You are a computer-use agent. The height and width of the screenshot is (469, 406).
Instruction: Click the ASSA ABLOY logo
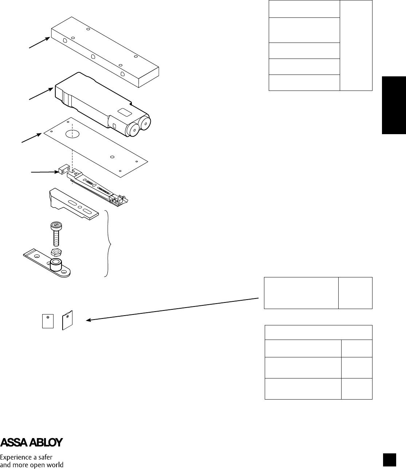(x=32, y=442)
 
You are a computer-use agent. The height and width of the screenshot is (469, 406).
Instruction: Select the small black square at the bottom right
(x=389, y=460)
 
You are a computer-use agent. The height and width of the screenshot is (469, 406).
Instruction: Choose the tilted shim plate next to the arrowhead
(x=68, y=320)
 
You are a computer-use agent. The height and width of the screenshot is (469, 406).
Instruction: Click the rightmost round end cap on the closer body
(x=146, y=123)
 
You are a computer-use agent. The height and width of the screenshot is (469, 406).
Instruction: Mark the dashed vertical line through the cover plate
(x=72, y=156)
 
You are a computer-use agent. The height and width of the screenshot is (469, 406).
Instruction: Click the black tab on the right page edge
(x=394, y=105)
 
